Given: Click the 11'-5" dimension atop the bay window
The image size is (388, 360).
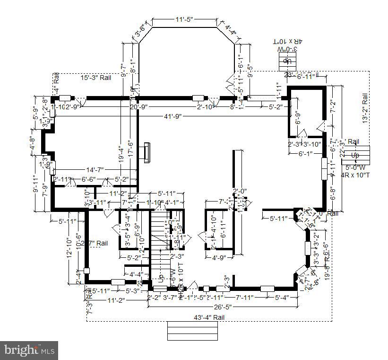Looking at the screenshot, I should (184, 19).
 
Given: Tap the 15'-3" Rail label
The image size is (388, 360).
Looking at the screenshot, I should (96, 78).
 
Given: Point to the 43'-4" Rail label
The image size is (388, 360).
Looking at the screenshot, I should (208, 317).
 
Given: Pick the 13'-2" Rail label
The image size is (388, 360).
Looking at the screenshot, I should (364, 108).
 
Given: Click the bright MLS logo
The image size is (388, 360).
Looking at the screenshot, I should (29, 351).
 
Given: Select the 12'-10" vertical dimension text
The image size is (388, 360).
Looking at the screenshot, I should (69, 246).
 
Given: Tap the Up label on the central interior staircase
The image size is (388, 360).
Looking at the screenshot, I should (161, 279).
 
